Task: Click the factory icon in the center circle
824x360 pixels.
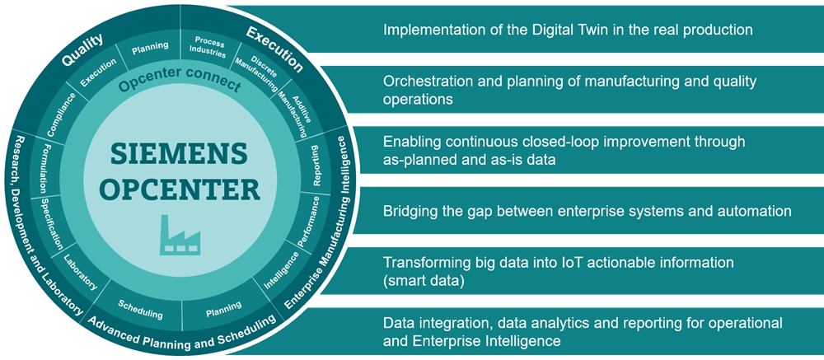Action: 180,235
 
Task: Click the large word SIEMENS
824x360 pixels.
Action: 179,154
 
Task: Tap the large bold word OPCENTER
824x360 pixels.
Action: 179,188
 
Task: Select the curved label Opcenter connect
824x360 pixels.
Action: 179,85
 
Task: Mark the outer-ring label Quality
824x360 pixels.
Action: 83,51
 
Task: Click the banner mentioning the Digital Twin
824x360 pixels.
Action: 568,30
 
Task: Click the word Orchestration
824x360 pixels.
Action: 427,81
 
